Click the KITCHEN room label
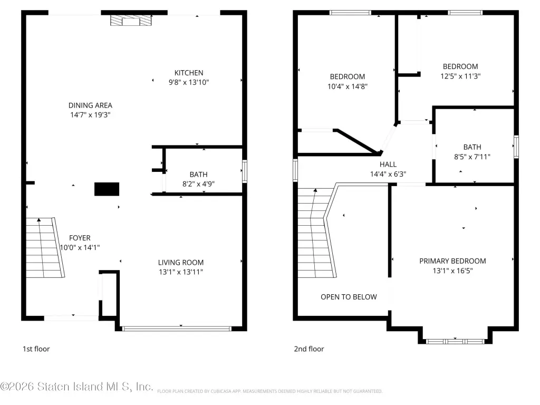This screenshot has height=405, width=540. click(x=189, y=73)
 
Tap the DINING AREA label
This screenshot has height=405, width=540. click(x=90, y=105)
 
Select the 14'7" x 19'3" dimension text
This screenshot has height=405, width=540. click(x=90, y=114)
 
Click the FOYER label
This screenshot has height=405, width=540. click(x=80, y=238)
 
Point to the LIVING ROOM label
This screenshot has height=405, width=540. click(x=181, y=263)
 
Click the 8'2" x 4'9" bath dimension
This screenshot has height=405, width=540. click(x=198, y=184)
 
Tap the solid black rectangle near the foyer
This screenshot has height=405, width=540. click(x=107, y=189)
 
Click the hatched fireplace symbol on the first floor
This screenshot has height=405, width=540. click(x=131, y=21)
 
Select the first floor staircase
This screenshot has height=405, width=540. click(x=45, y=247)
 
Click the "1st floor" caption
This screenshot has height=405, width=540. click(x=36, y=349)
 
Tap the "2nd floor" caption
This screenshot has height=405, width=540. click(x=309, y=349)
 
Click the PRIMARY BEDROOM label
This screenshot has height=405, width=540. click(x=452, y=261)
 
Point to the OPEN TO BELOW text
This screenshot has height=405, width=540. click(x=349, y=297)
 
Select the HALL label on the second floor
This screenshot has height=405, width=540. click(x=388, y=165)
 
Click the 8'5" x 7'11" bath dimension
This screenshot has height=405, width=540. click(x=472, y=157)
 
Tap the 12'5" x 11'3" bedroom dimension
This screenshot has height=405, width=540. click(x=460, y=76)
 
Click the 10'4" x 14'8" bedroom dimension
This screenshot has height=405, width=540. click(x=348, y=86)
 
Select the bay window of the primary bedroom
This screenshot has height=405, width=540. click(x=455, y=341)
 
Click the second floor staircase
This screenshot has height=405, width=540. click(x=317, y=233)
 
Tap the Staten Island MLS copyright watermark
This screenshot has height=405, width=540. click(x=76, y=387)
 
